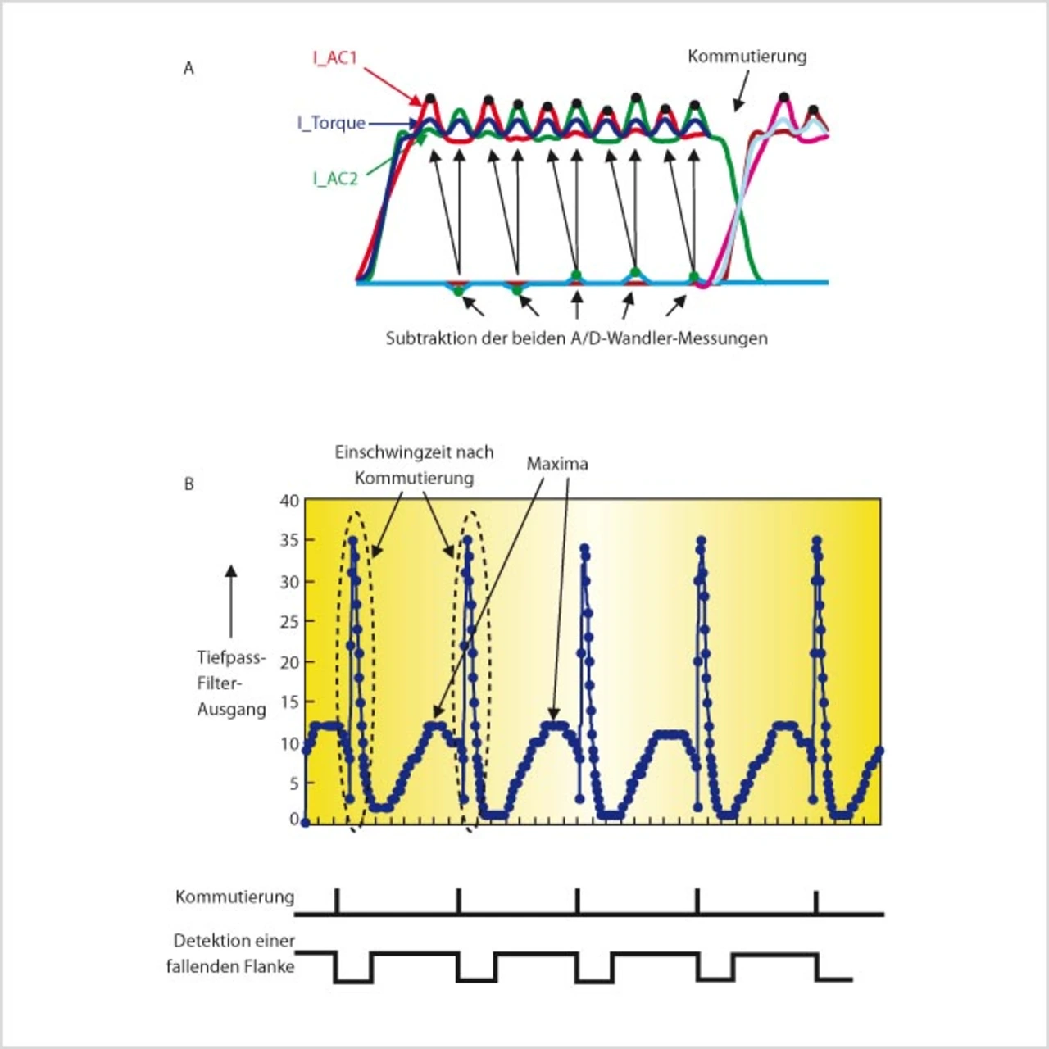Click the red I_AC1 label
click(334, 58)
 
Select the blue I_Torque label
click(331, 123)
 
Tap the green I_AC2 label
click(334, 179)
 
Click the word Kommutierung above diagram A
click(747, 57)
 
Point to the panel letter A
click(188, 69)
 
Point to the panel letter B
click(188, 484)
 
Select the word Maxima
click(556, 464)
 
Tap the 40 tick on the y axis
click(289, 501)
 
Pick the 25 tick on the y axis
click(289, 622)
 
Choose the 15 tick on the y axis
click(289, 702)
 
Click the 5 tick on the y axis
click(293, 783)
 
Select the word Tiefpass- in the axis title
click(231, 658)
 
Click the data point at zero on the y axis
click(306, 822)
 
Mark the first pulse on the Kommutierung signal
click(337, 900)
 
